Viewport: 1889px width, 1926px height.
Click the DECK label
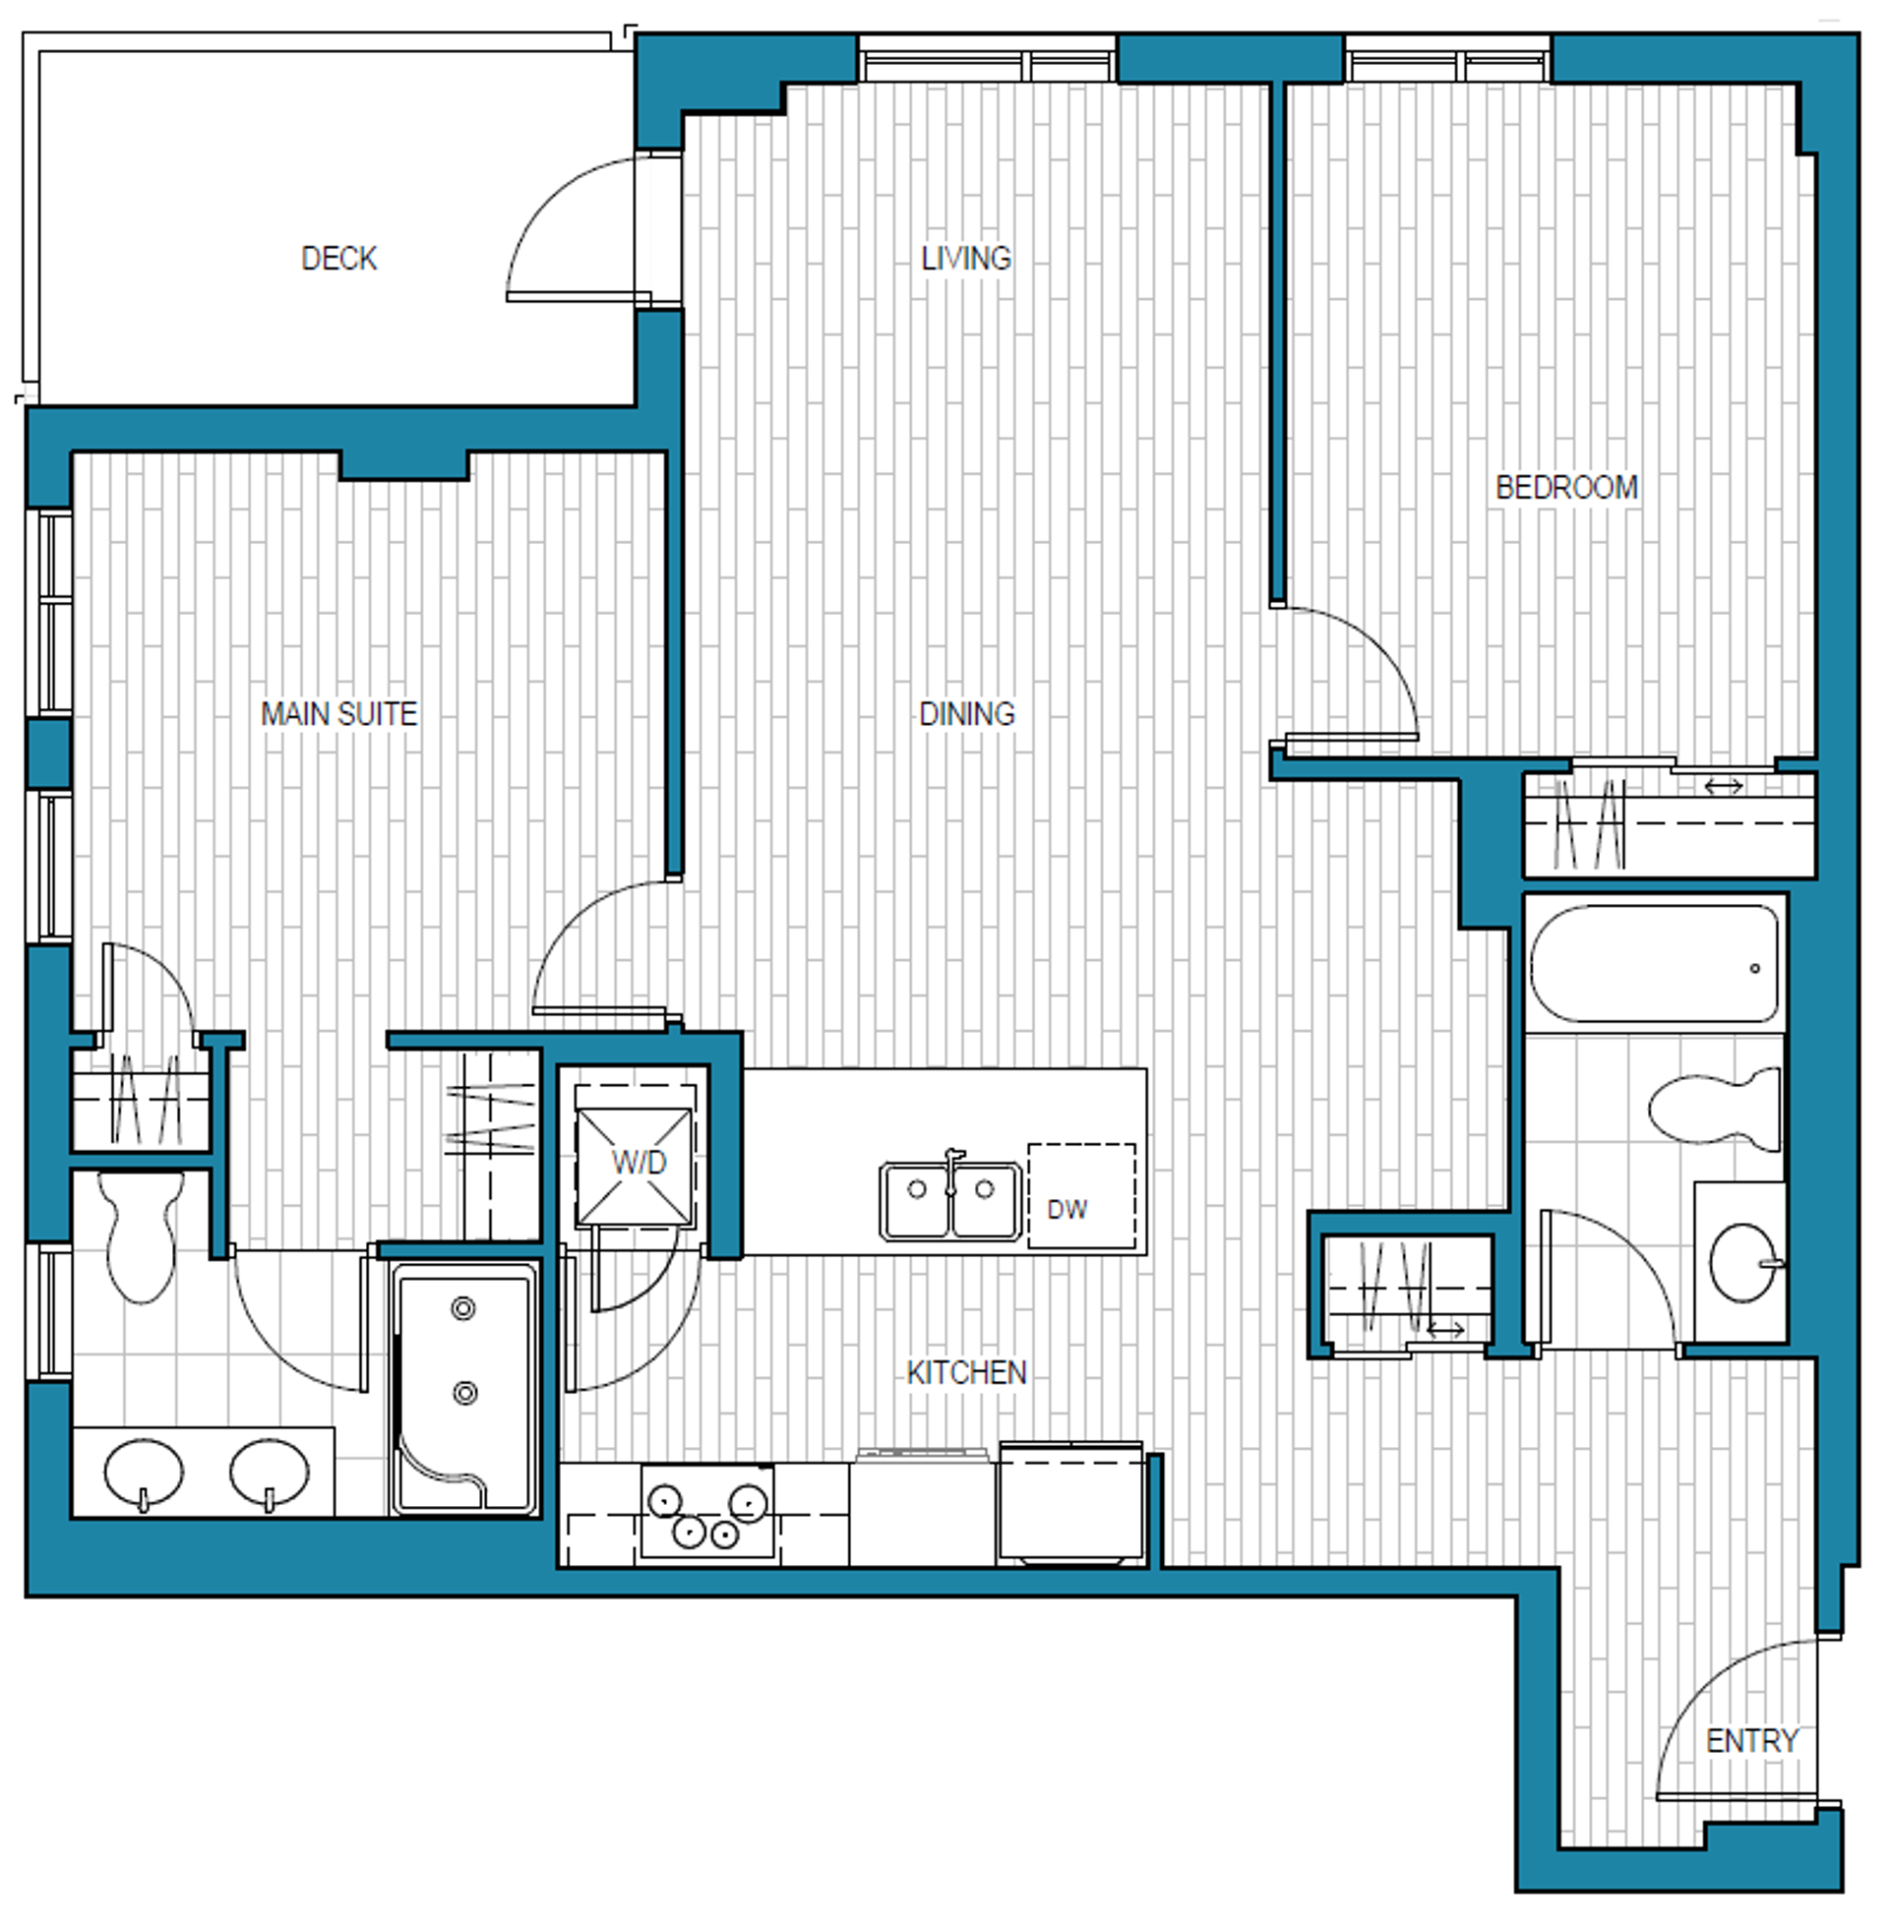[338, 259]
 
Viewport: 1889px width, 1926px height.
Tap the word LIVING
[965, 259]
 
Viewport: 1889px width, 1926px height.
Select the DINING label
[966, 714]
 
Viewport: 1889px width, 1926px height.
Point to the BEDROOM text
[1566, 487]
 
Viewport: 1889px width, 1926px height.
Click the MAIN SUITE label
[338, 714]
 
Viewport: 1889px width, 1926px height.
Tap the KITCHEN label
[966, 1372]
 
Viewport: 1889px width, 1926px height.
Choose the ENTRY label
[1751, 1740]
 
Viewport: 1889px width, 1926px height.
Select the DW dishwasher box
[1081, 1196]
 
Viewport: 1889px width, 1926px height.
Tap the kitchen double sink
[950, 1200]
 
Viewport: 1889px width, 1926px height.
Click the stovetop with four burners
[707, 1512]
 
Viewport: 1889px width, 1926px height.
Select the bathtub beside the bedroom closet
[1655, 963]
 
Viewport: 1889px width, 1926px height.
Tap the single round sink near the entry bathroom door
[1744, 1262]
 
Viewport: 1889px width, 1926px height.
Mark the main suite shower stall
[464, 1389]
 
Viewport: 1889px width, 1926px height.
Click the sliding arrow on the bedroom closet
[1724, 787]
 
